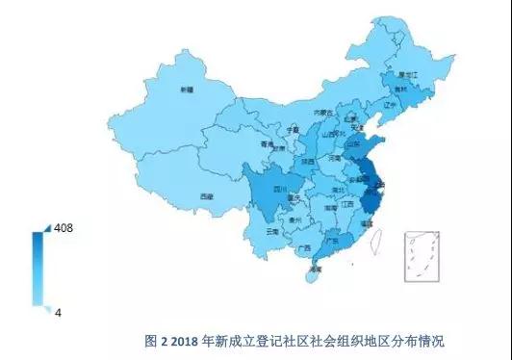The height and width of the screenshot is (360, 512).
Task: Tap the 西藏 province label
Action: tap(206, 196)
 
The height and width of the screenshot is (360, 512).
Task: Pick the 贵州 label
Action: tap(300, 219)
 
